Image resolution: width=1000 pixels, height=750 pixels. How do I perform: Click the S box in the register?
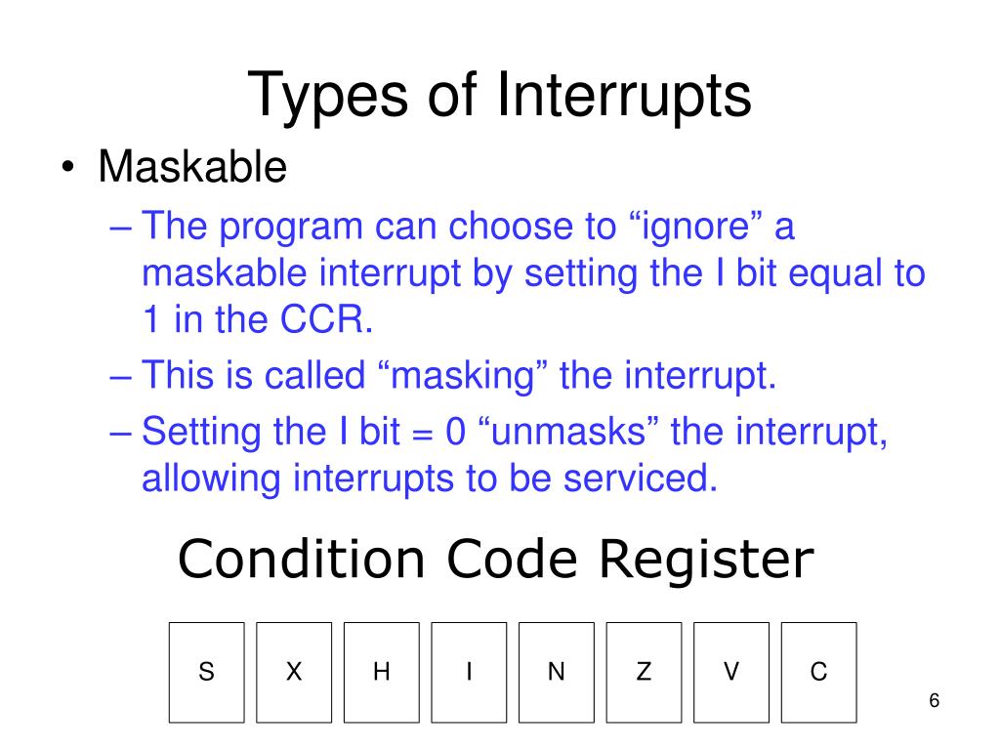click(x=206, y=672)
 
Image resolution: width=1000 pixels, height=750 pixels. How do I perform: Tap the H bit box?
click(x=381, y=672)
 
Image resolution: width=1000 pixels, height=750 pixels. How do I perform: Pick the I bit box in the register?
click(x=469, y=672)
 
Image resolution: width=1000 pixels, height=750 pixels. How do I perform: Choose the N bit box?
click(x=557, y=672)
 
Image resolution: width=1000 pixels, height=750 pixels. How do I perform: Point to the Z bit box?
click(x=644, y=672)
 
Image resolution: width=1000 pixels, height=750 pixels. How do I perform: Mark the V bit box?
click(x=731, y=672)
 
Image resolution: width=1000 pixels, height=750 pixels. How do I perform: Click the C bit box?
click(x=818, y=672)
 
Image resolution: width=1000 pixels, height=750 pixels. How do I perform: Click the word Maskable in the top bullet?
click(x=192, y=168)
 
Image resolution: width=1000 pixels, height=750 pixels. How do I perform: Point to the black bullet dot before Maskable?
click(x=64, y=169)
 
